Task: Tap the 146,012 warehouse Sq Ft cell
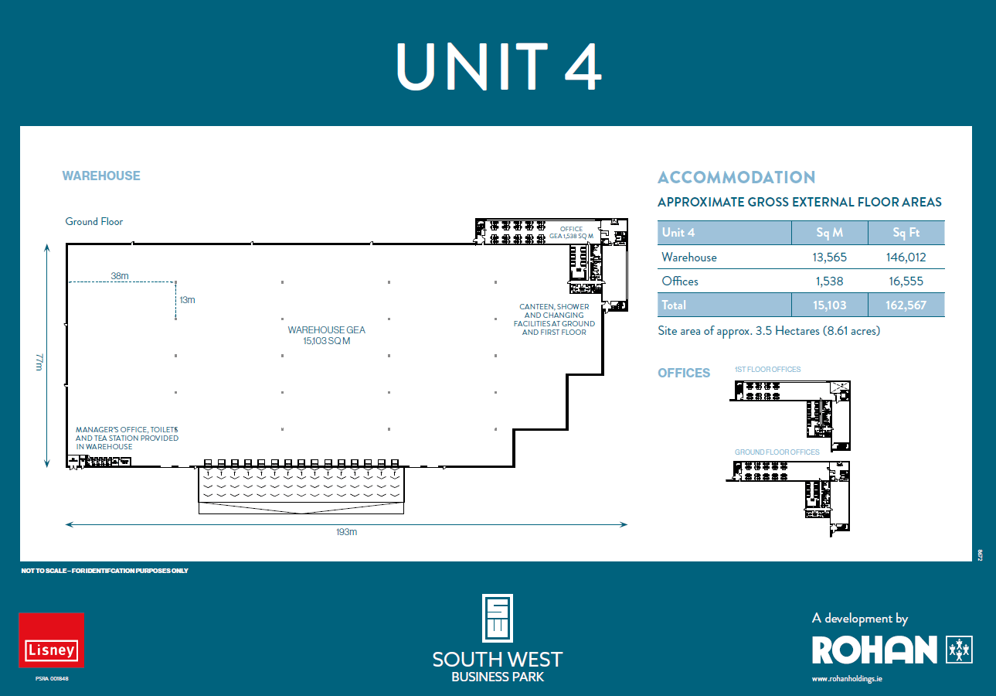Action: tap(906, 258)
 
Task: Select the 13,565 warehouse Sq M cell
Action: tap(829, 258)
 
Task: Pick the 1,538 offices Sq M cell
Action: tap(829, 281)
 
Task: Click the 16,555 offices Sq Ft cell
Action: tap(906, 281)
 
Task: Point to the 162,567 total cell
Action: tap(906, 305)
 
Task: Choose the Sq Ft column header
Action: tap(906, 233)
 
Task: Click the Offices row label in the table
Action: tap(680, 281)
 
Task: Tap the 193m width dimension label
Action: tap(347, 532)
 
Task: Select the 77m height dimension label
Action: tap(39, 361)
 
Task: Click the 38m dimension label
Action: tap(120, 275)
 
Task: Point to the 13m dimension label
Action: tap(187, 299)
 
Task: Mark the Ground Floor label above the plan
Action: tap(94, 222)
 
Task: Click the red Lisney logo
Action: tap(52, 640)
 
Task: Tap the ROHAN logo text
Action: tap(874, 650)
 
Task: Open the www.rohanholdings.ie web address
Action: tap(848, 679)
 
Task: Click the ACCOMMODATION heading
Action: tap(736, 178)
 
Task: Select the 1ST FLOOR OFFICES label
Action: tap(767, 370)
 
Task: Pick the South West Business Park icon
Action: tap(498, 618)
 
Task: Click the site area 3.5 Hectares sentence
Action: tap(769, 331)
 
